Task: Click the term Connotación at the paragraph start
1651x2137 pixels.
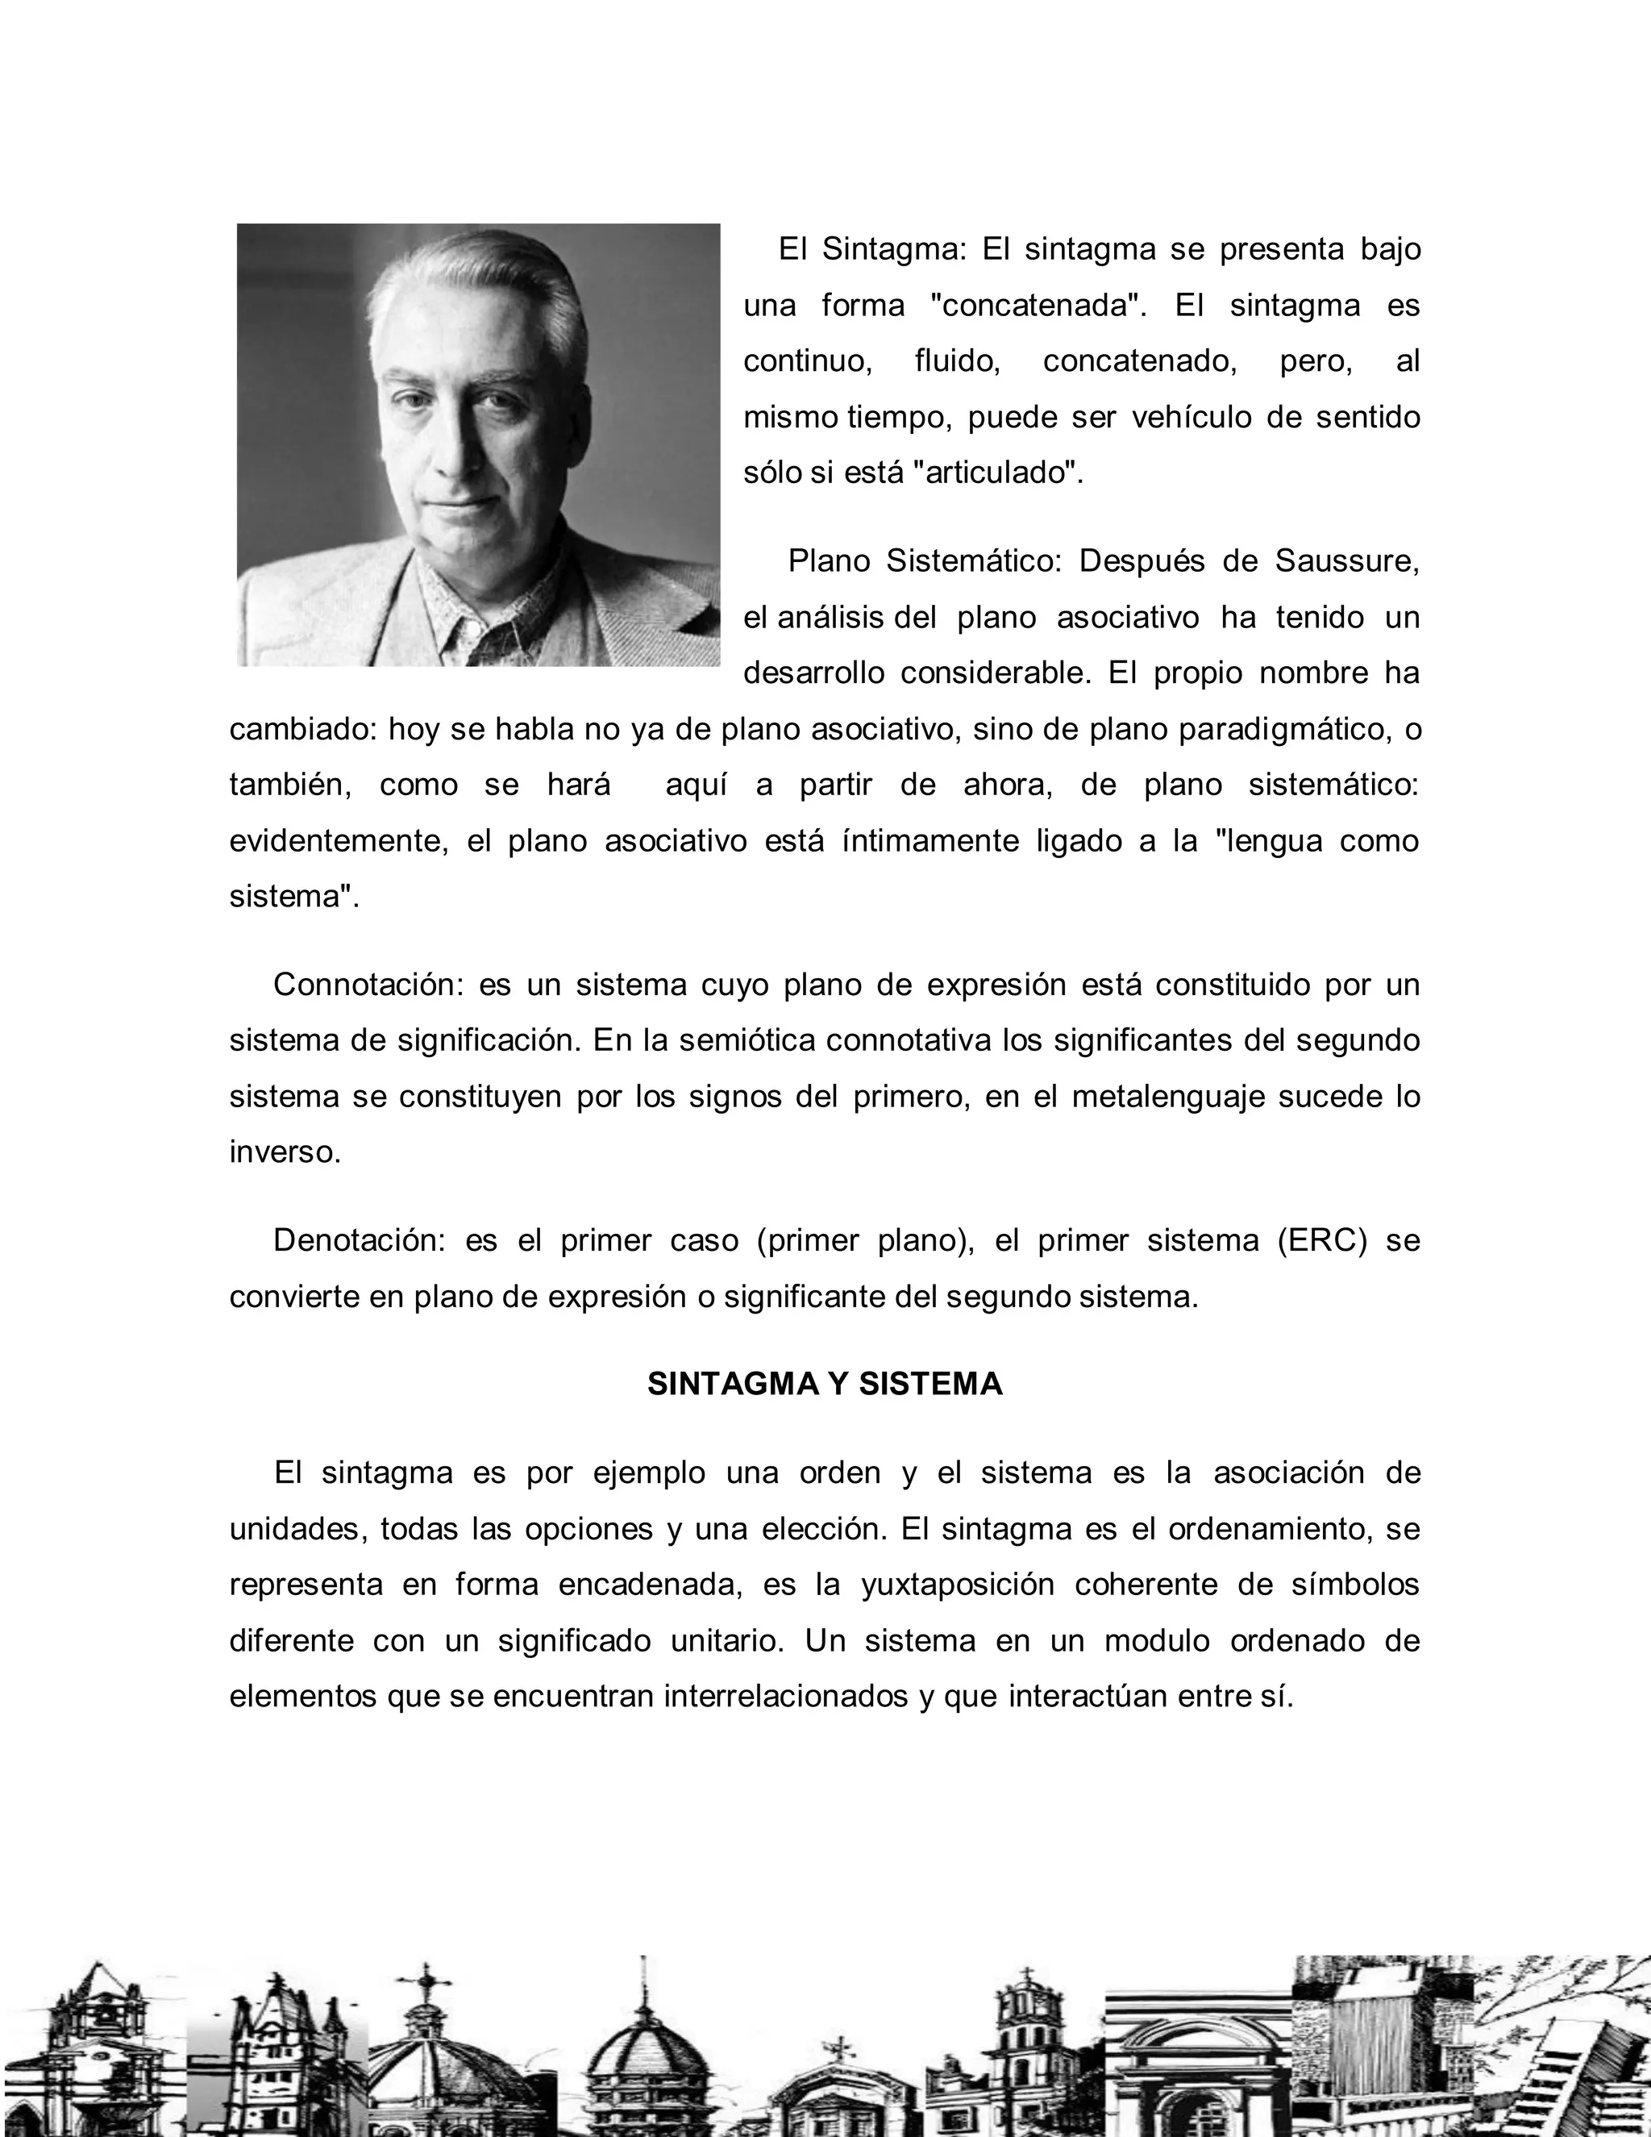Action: point(367,985)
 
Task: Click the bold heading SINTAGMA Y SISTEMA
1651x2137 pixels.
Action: point(825,1385)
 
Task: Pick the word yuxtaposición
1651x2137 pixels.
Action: point(958,1584)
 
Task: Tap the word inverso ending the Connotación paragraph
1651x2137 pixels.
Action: point(285,1152)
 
